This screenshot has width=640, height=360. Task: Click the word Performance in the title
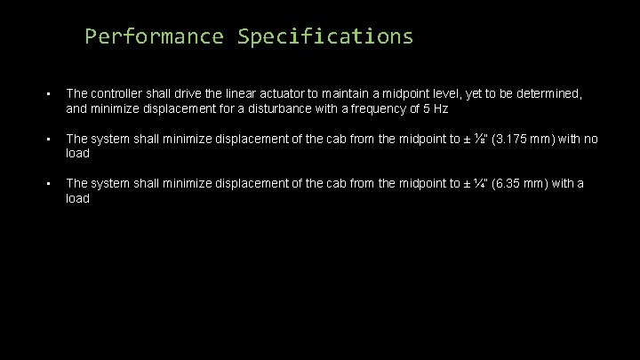click(x=155, y=36)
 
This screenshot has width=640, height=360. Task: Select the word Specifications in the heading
click(x=325, y=36)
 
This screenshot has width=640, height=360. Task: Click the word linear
click(x=257, y=93)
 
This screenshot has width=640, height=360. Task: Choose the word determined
click(x=548, y=93)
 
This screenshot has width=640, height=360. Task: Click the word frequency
click(x=369, y=108)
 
